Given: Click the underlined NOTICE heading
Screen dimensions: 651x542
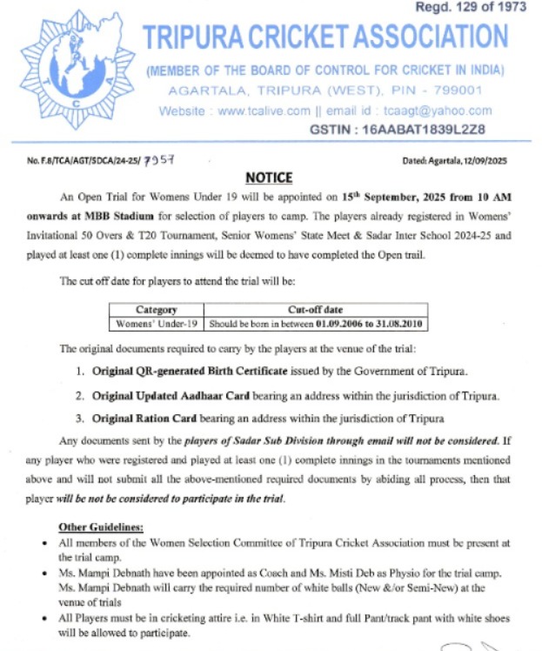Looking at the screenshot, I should pyautogui.click(x=269, y=178).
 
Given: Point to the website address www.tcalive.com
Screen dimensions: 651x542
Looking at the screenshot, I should pyautogui.click(x=264, y=111).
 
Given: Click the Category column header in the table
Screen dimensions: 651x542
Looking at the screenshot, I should pyautogui.click(x=157, y=309).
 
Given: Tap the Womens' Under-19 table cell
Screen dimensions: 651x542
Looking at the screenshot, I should pyautogui.click(x=157, y=323).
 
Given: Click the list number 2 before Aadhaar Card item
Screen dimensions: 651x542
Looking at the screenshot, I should pyautogui.click(x=80, y=395).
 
